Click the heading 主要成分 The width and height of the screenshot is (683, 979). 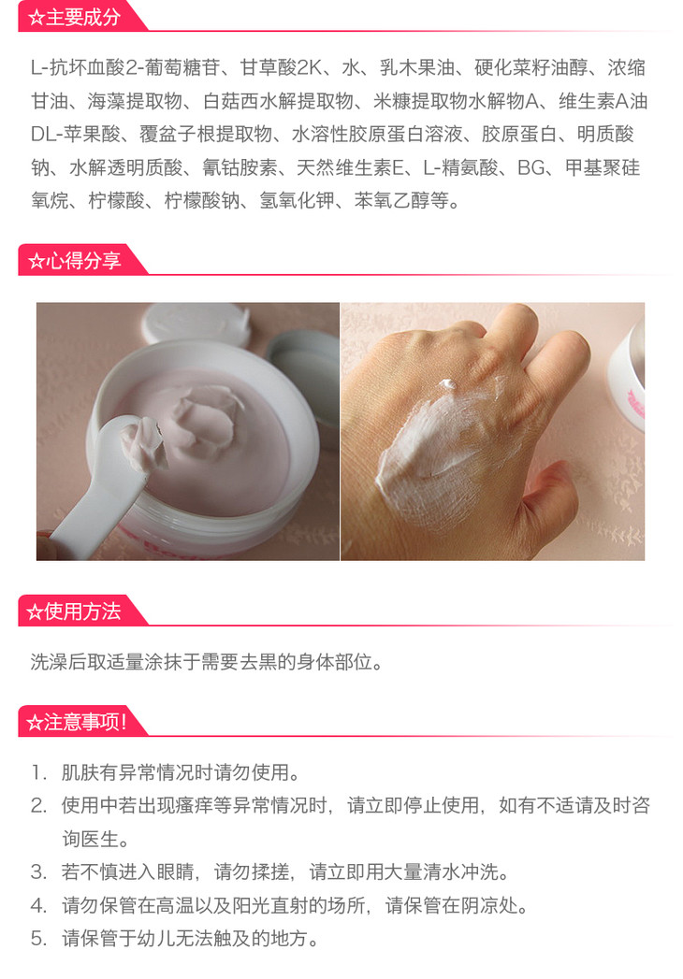(83, 17)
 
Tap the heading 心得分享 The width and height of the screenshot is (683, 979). (83, 260)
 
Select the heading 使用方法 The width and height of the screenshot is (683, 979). (83, 611)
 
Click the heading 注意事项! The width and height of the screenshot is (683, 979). (86, 722)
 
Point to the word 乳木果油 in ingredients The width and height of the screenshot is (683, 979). (417, 67)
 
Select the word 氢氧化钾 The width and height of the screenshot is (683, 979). (298, 200)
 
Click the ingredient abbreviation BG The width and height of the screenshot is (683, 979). (531, 167)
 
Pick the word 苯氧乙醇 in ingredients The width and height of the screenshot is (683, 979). (392, 200)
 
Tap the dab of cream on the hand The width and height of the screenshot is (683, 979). (447, 384)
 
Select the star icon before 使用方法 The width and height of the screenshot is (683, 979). (35, 612)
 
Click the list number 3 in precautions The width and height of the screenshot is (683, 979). (38, 871)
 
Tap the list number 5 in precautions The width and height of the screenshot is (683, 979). (38, 938)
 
